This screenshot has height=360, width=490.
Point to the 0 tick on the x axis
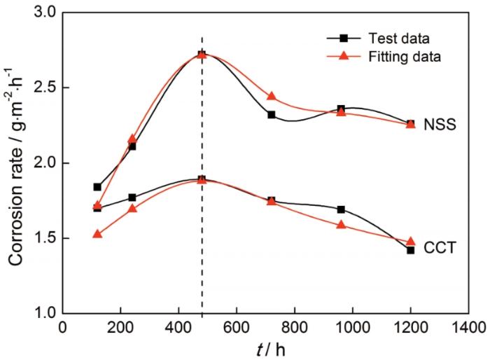pos(63,327)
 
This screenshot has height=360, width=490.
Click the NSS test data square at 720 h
pos(272,114)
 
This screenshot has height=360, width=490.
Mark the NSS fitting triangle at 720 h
pos(272,97)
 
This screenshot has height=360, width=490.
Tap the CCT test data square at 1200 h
pos(410,250)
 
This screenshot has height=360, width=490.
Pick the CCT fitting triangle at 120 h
pos(97,234)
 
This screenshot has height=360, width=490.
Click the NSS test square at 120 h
pos(97,187)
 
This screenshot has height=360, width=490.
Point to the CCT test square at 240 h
pos(132,198)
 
